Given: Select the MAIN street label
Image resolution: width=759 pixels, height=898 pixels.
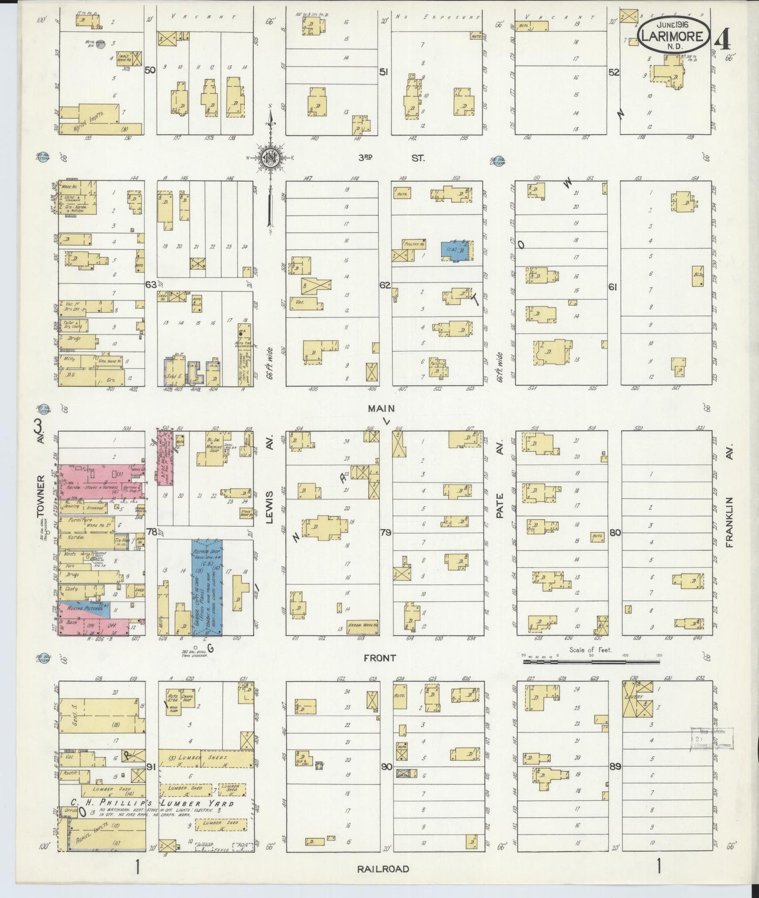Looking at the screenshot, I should [x=381, y=408].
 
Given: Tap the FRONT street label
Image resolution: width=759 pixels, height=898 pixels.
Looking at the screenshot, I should [x=382, y=657].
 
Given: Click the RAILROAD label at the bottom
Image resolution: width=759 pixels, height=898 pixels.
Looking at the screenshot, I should [x=383, y=869].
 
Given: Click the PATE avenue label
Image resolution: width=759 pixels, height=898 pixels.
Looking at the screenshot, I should [x=500, y=505].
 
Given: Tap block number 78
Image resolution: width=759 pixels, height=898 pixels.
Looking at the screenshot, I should [x=151, y=532].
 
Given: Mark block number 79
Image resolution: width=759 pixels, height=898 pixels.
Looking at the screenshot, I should [x=385, y=532].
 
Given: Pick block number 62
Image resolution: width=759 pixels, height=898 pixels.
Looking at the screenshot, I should [x=385, y=285].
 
